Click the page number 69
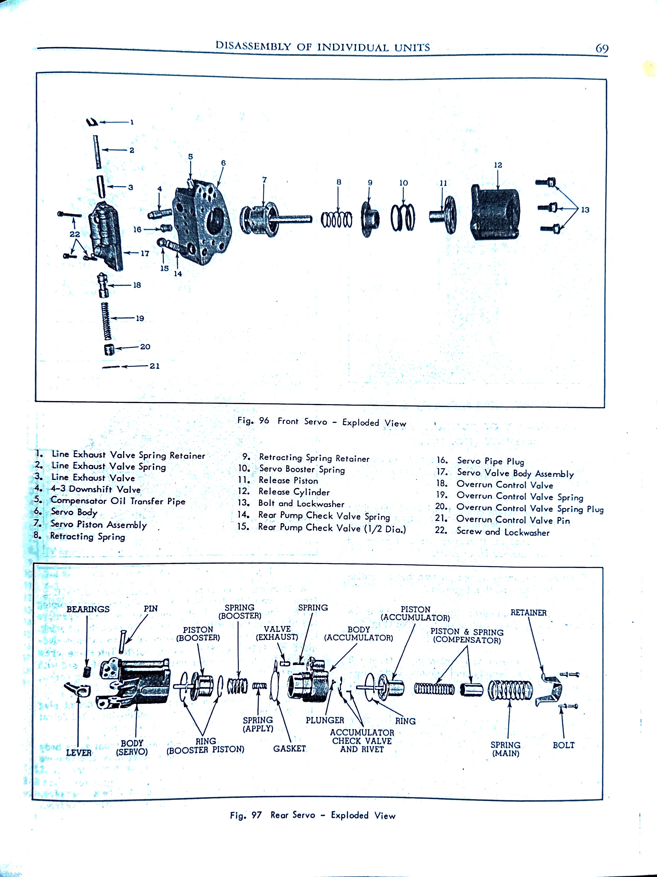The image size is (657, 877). tap(602, 48)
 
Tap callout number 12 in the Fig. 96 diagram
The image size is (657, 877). tap(498, 165)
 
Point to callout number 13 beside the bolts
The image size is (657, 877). tap(585, 210)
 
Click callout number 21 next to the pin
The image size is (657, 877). tap(154, 366)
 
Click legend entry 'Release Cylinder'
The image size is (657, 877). tap(294, 492)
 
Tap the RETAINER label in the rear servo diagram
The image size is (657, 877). tap(528, 613)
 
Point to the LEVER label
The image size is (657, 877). tap(79, 753)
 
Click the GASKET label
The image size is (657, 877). tap(289, 749)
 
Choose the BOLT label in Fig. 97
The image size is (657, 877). tap(563, 745)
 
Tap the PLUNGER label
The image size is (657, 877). tap(325, 720)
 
